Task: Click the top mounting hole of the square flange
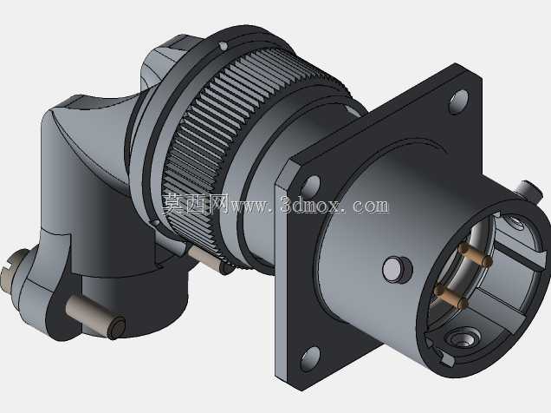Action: click(459, 102)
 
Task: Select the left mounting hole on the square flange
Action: click(311, 186)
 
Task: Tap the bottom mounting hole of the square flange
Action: click(310, 358)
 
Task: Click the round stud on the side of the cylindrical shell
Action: click(397, 269)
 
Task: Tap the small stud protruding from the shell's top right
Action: click(530, 192)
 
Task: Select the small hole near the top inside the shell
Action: click(514, 222)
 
